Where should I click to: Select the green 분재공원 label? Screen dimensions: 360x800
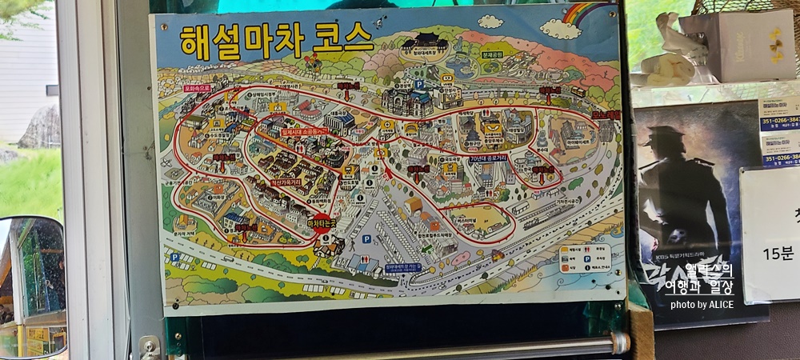(490, 57)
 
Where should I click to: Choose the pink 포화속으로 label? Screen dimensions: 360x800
(196, 88)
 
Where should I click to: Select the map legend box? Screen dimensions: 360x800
(584, 258)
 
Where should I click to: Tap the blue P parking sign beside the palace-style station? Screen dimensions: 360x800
(418, 83)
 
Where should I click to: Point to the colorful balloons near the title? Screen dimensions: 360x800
(313, 61)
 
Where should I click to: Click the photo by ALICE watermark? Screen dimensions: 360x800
(702, 305)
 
